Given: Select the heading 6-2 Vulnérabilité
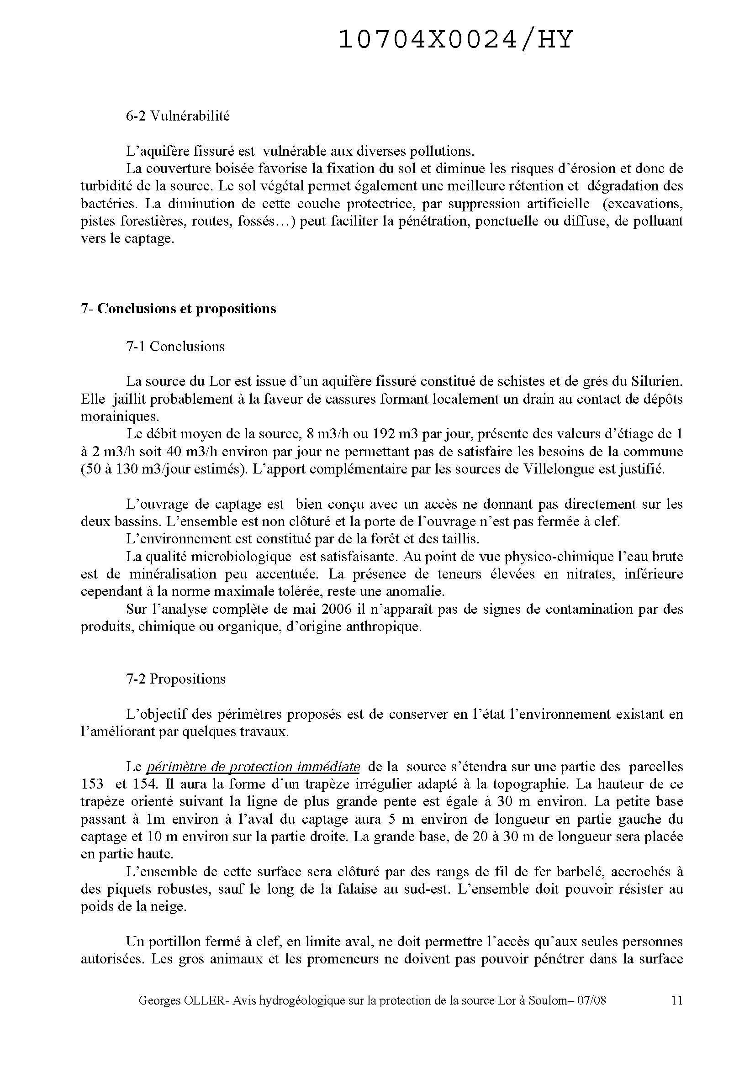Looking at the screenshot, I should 178,116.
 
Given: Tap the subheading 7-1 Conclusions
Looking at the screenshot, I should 175,347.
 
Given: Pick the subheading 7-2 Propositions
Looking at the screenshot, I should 176,679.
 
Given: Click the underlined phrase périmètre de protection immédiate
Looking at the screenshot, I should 253,767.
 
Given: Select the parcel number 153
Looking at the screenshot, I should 92,784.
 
